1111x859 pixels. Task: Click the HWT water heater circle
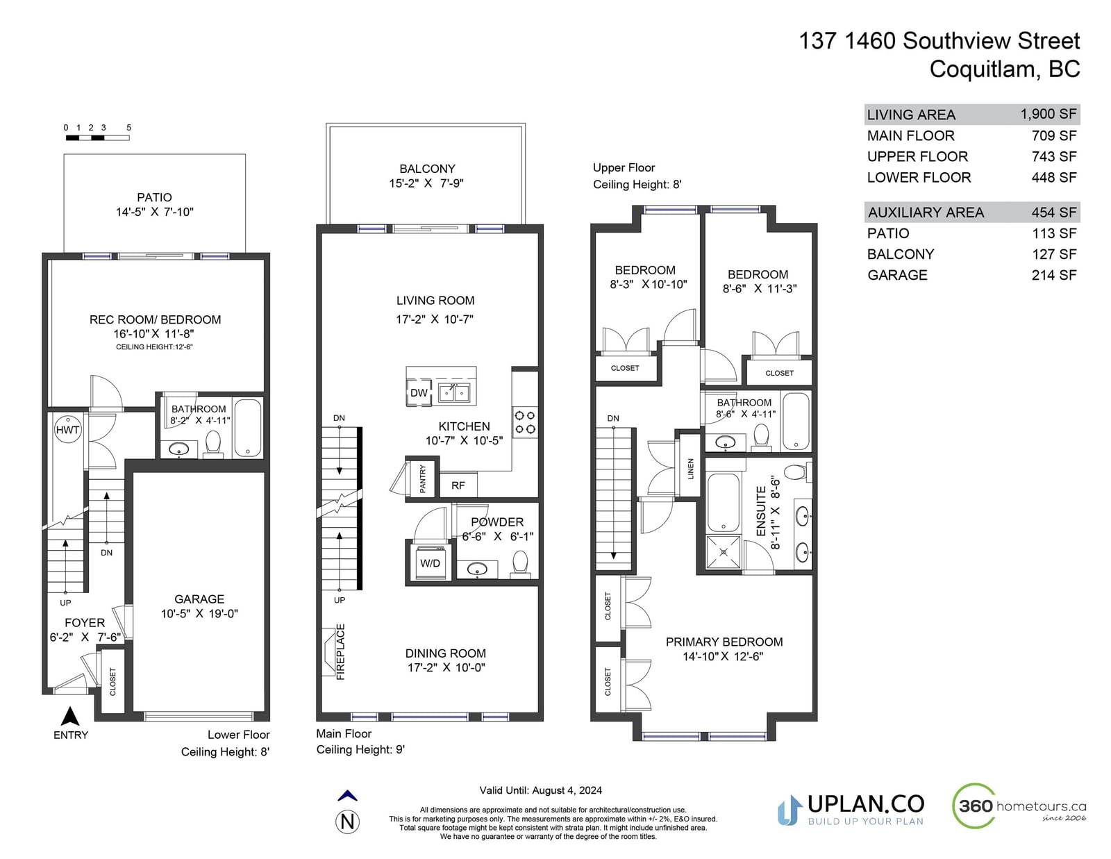[67, 430]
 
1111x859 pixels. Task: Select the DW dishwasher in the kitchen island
[419, 392]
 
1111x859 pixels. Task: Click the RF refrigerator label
[458, 485]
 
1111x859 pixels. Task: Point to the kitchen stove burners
[525, 422]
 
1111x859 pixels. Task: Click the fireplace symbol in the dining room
[328, 652]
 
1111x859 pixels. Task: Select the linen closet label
[691, 469]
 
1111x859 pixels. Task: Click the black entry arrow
[70, 717]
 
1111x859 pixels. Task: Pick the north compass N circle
[347, 822]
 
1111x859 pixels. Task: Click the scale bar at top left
[98, 137]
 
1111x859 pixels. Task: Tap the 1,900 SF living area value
[1048, 114]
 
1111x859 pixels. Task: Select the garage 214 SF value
[1054, 275]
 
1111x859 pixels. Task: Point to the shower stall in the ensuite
[723, 552]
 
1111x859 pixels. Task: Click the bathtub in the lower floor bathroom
[247, 428]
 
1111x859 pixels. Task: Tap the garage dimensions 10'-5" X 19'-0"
[199, 614]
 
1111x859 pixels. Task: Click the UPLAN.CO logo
[850, 810]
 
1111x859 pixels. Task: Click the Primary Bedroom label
[724, 642]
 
